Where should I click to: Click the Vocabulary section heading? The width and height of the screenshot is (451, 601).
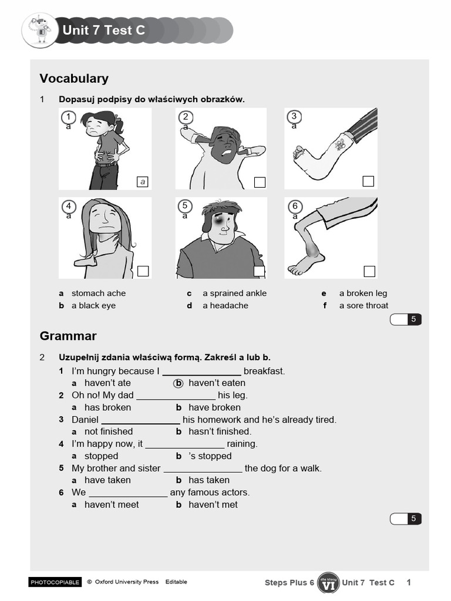coord(74,79)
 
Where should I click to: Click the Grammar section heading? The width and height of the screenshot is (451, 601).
coord(68,336)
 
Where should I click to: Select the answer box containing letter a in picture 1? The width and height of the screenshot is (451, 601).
coord(142,182)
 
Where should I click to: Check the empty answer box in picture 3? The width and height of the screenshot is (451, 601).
coord(368,181)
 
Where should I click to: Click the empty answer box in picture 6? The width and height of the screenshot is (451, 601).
coord(369,271)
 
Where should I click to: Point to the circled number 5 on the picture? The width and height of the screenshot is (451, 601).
coord(185,205)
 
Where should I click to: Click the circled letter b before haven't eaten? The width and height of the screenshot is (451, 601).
coord(179,383)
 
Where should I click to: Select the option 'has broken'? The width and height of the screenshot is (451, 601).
coord(107,407)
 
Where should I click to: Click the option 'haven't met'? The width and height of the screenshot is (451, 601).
coord(213,505)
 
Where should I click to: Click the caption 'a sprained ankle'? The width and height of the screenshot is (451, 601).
coord(234,293)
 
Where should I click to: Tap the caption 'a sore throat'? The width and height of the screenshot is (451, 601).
coord(364,306)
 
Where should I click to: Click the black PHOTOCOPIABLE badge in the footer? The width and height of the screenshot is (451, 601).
coord(55,582)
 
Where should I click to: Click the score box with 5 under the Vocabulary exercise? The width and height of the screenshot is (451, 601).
coord(406,319)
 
